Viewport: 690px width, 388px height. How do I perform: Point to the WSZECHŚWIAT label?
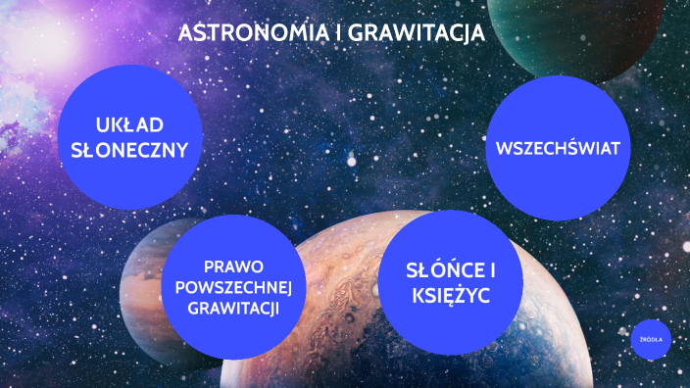coord(558,149)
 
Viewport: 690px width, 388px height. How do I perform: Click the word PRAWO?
coord(233,267)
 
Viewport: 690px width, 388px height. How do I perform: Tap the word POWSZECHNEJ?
coord(233,287)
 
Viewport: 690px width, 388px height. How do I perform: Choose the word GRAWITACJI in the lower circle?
coord(233,308)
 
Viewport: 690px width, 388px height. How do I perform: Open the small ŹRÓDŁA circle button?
coord(651,339)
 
